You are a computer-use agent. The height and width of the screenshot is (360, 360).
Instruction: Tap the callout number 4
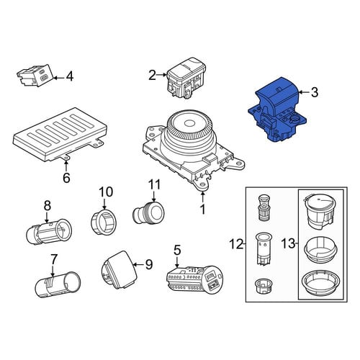[69, 76]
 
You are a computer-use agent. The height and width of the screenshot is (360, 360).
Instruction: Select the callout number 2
[152, 75]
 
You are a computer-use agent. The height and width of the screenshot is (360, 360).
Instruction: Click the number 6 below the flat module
[66, 178]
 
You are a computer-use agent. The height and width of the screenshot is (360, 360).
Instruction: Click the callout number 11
[154, 185]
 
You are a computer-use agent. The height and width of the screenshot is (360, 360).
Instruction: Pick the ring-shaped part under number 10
[104, 222]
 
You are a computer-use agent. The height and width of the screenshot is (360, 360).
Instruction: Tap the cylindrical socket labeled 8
[49, 231]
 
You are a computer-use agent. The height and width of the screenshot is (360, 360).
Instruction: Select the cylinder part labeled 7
[58, 285]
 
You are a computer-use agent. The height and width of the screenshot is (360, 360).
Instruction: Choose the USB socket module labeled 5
[194, 278]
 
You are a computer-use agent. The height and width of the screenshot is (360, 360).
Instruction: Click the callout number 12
[236, 244]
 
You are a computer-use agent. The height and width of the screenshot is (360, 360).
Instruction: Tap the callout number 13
[288, 243]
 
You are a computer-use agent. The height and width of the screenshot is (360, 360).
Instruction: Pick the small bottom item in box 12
[264, 286]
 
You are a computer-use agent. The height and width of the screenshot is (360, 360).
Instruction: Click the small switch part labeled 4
[35, 75]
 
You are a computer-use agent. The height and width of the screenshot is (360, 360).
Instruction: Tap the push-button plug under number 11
[148, 213]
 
